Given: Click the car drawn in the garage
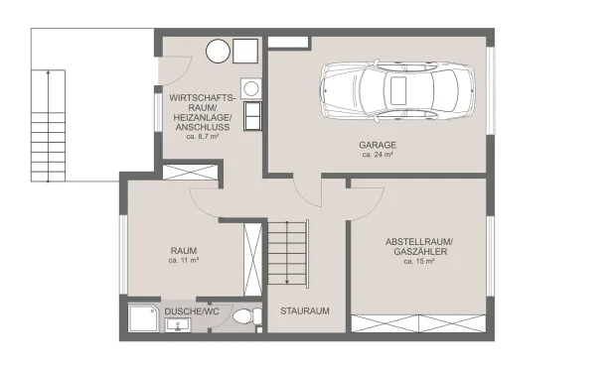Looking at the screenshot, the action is [x=397, y=90].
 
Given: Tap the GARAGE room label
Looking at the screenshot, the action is [x=378, y=145].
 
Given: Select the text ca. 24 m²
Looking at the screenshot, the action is [x=378, y=155].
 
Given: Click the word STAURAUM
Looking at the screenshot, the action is [x=305, y=311].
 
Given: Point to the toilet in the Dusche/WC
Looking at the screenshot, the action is [x=246, y=316].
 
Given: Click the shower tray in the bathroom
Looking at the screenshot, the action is [x=143, y=318].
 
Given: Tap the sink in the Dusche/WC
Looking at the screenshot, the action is [x=178, y=325].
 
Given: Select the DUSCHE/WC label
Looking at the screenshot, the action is [x=192, y=311].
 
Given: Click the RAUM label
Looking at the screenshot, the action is [x=184, y=251].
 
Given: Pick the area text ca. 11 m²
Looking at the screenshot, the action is [x=184, y=260].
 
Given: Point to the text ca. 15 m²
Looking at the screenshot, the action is [x=419, y=261].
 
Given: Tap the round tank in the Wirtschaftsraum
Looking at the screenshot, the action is [x=218, y=51].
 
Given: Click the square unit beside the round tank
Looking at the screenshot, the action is [x=245, y=51].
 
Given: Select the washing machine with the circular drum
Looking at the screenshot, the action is [x=251, y=88].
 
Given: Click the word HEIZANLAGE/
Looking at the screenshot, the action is [x=203, y=117].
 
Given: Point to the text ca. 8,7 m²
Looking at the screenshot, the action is [x=203, y=137].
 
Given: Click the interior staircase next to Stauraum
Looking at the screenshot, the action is [x=288, y=253].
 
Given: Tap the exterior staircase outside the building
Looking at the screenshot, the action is [x=48, y=126].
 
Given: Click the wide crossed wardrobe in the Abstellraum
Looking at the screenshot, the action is [x=418, y=323].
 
